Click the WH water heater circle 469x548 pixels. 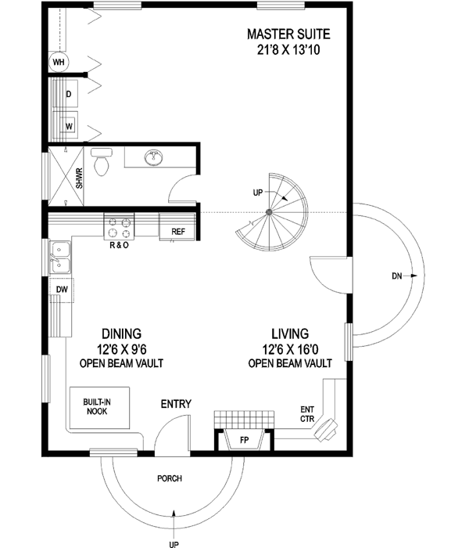59,62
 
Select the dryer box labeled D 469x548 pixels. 69,95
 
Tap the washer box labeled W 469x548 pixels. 69,124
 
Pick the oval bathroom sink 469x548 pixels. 154,160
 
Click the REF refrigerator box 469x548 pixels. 177,231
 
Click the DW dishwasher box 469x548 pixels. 62,290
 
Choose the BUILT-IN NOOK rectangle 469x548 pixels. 97,406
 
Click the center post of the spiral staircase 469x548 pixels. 268,212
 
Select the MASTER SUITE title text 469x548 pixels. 288,34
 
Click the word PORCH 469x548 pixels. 170,478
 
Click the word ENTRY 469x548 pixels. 176,404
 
